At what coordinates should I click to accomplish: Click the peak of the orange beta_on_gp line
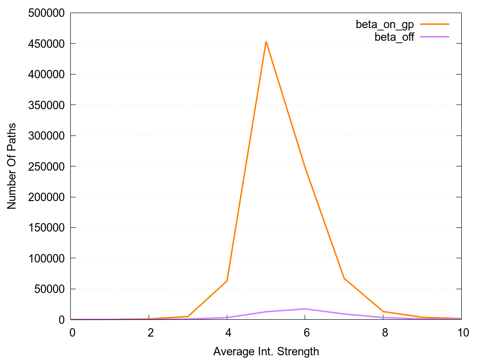coord(266,42)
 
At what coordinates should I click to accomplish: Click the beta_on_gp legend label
coord(385,24)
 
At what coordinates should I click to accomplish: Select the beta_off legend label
coord(394,37)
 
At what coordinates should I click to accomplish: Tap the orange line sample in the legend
coord(435,24)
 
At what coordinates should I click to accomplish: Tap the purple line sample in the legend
coord(435,37)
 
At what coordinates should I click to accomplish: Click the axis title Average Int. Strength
coord(266,351)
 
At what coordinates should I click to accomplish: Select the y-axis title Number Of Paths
coord(12,166)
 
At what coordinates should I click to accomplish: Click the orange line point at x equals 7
coord(344,278)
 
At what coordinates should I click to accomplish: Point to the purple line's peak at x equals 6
coord(305,309)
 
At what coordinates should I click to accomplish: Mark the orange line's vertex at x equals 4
coord(227,281)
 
